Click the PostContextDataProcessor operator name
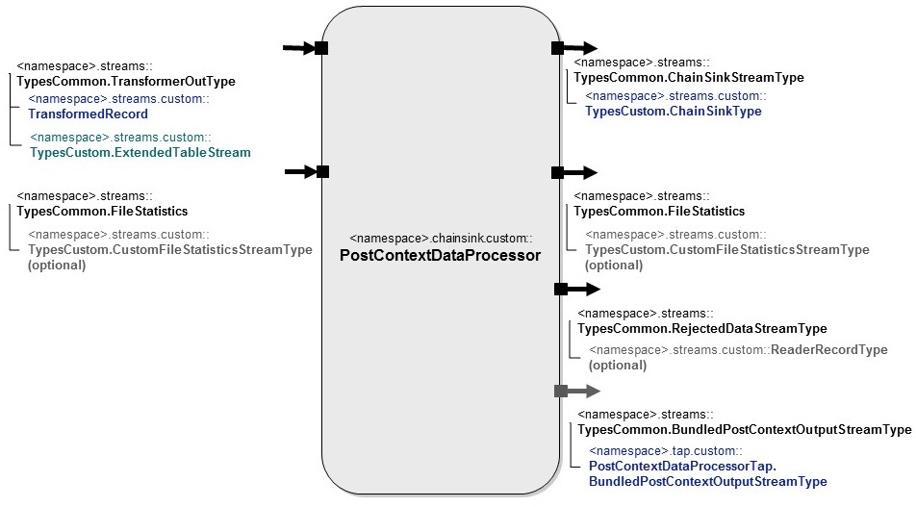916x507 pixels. click(440, 256)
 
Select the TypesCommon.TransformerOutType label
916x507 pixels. click(126, 82)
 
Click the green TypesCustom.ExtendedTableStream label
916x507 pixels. click(140, 152)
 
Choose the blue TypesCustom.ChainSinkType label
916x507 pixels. click(673, 111)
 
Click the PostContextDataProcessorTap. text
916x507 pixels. click(681, 466)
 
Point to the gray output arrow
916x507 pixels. click(577, 391)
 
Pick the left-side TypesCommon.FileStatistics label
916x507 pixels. click(102, 211)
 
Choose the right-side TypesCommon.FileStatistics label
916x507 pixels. click(659, 211)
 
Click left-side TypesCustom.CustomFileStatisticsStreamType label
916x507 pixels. click(169, 249)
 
